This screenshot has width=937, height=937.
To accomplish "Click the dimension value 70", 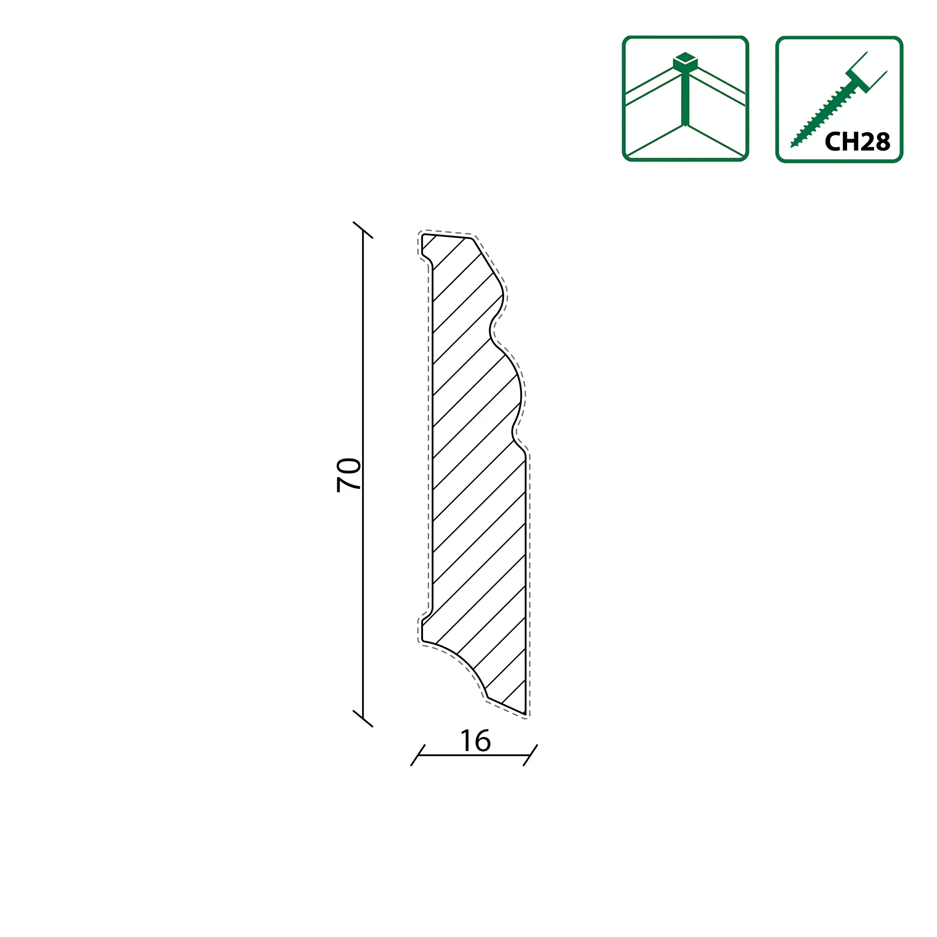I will (349, 475).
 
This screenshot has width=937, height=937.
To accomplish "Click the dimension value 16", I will (475, 741).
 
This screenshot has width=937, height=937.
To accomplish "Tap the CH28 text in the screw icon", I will (857, 141).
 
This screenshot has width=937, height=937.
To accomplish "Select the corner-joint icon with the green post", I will (685, 98).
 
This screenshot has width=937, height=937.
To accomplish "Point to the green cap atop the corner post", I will (685, 60).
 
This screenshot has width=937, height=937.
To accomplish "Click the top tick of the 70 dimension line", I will (363, 230).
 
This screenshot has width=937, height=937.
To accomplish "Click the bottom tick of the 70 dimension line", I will (363, 718).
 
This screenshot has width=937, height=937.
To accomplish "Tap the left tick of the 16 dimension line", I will (418, 755).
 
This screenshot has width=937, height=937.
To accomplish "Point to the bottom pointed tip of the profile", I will (524, 713).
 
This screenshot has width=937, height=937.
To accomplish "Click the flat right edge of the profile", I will (525, 582).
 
